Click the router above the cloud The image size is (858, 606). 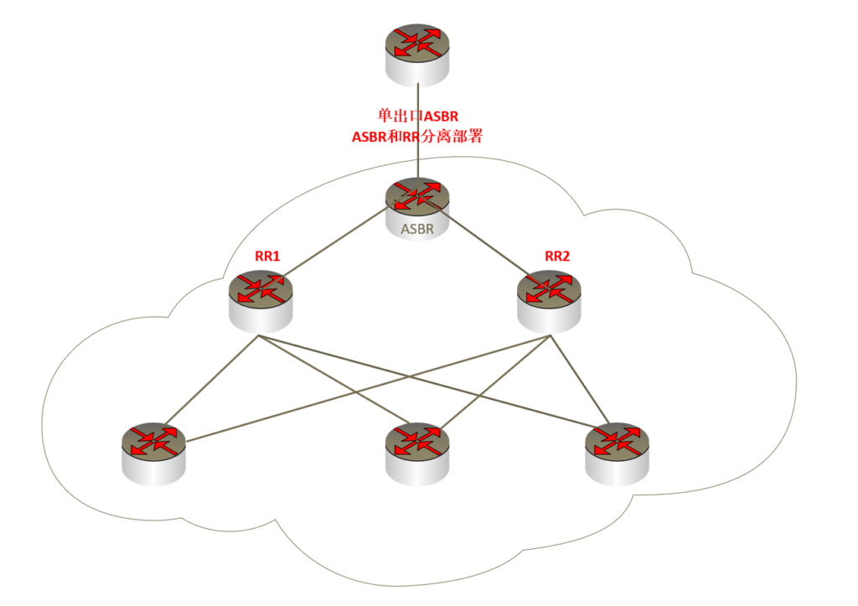click(x=417, y=53)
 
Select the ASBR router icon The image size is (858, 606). click(x=417, y=200)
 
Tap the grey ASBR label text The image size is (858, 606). click(x=417, y=229)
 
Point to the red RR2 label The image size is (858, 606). click(x=557, y=256)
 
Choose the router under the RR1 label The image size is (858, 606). click(x=261, y=298)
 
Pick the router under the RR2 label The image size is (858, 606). click(x=550, y=298)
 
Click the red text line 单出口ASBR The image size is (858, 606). click(x=417, y=117)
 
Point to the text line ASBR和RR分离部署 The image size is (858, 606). click(x=417, y=137)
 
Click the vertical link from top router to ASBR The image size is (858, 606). click(x=417, y=159)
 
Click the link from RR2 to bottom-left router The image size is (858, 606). click(x=369, y=388)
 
